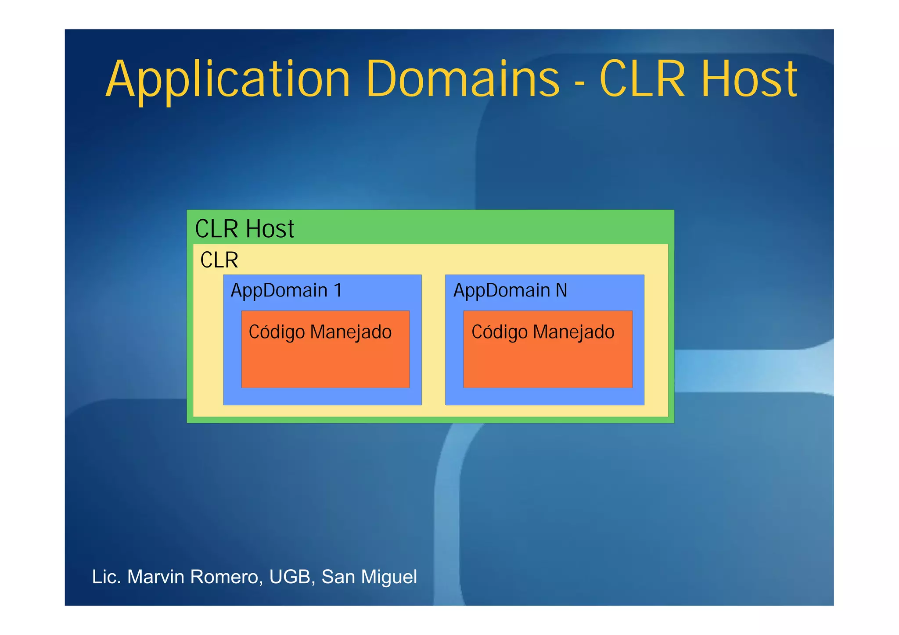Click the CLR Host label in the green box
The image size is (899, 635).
point(245,229)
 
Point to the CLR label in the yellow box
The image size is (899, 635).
point(219,260)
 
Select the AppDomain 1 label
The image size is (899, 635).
point(286,290)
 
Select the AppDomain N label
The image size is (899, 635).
point(510,290)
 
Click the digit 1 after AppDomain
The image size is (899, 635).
point(338,290)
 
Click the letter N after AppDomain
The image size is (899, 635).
point(561,290)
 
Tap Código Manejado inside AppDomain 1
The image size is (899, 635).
point(320,332)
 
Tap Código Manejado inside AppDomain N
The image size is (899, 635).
point(543,332)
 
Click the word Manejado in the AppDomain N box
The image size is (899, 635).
point(573,332)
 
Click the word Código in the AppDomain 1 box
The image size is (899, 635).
point(277,332)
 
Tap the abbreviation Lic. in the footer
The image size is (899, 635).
point(106,577)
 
